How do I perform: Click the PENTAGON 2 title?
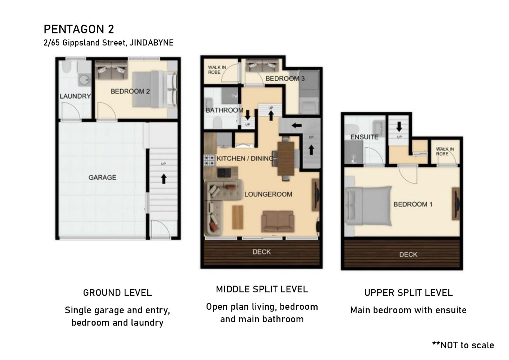coord(79,29)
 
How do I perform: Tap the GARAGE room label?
coord(102,177)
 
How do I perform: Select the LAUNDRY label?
coord(75,96)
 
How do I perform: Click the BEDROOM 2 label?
coord(130,91)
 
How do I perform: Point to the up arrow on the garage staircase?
coord(164,179)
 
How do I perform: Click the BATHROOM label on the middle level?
coord(225,110)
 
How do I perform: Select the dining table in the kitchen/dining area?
coord(286,159)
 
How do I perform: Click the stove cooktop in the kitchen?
coord(209,160)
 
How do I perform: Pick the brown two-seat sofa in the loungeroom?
coord(278,221)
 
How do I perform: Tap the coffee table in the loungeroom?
coord(238,217)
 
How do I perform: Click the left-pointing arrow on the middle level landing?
coord(297,125)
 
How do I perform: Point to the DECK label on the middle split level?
coord(262,252)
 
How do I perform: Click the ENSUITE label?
coord(365,137)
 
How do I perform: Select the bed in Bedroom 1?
coord(368,206)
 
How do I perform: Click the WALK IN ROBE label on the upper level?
coord(445,151)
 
